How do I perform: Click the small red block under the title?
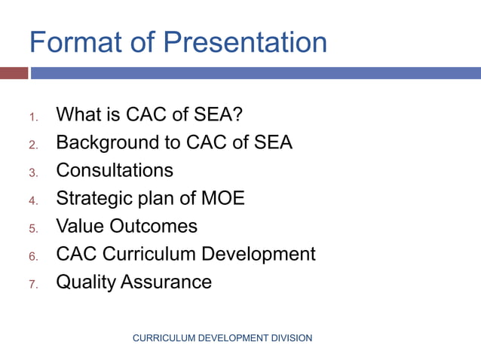point(14,73)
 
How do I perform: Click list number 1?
point(32,117)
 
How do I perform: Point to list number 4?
point(33,200)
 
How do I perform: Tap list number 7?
point(33,284)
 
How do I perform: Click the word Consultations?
point(115,170)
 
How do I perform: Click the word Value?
point(80,226)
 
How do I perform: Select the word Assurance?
point(168,282)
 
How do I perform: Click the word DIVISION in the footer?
point(290,338)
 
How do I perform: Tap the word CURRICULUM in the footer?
point(163,338)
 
